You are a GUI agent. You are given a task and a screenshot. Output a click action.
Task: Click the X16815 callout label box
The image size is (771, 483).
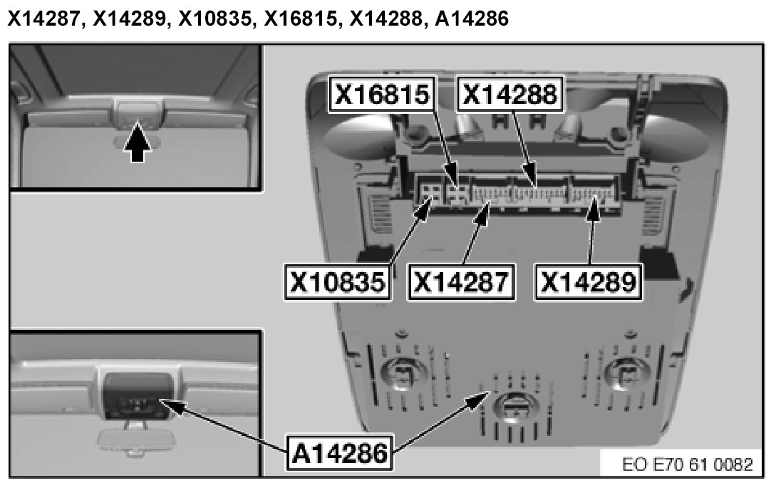coord(381,94)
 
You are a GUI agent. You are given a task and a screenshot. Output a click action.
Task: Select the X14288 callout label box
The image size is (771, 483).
coord(510,94)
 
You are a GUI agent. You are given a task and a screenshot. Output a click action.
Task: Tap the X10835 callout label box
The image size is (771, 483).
coord(338,282)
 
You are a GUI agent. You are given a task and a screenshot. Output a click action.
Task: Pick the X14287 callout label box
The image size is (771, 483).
coord(461,282)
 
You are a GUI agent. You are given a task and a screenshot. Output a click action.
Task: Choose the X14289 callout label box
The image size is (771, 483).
coord(588,282)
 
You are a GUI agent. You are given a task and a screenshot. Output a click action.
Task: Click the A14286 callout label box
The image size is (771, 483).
coord(340,452)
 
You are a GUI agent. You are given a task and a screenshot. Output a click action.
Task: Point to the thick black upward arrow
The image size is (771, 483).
coord(138,142)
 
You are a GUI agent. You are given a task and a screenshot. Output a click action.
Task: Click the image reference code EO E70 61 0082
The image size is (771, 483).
coord(688,464)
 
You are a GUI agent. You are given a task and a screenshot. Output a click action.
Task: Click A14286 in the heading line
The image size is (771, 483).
coord(472,19)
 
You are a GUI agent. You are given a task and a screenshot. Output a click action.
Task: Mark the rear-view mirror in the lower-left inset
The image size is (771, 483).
coord(129,437)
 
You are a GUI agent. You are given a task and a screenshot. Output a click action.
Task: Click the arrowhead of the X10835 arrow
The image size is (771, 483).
coord(427,204)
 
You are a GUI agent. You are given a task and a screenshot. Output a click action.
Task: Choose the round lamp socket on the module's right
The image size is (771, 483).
coord(626,372)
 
